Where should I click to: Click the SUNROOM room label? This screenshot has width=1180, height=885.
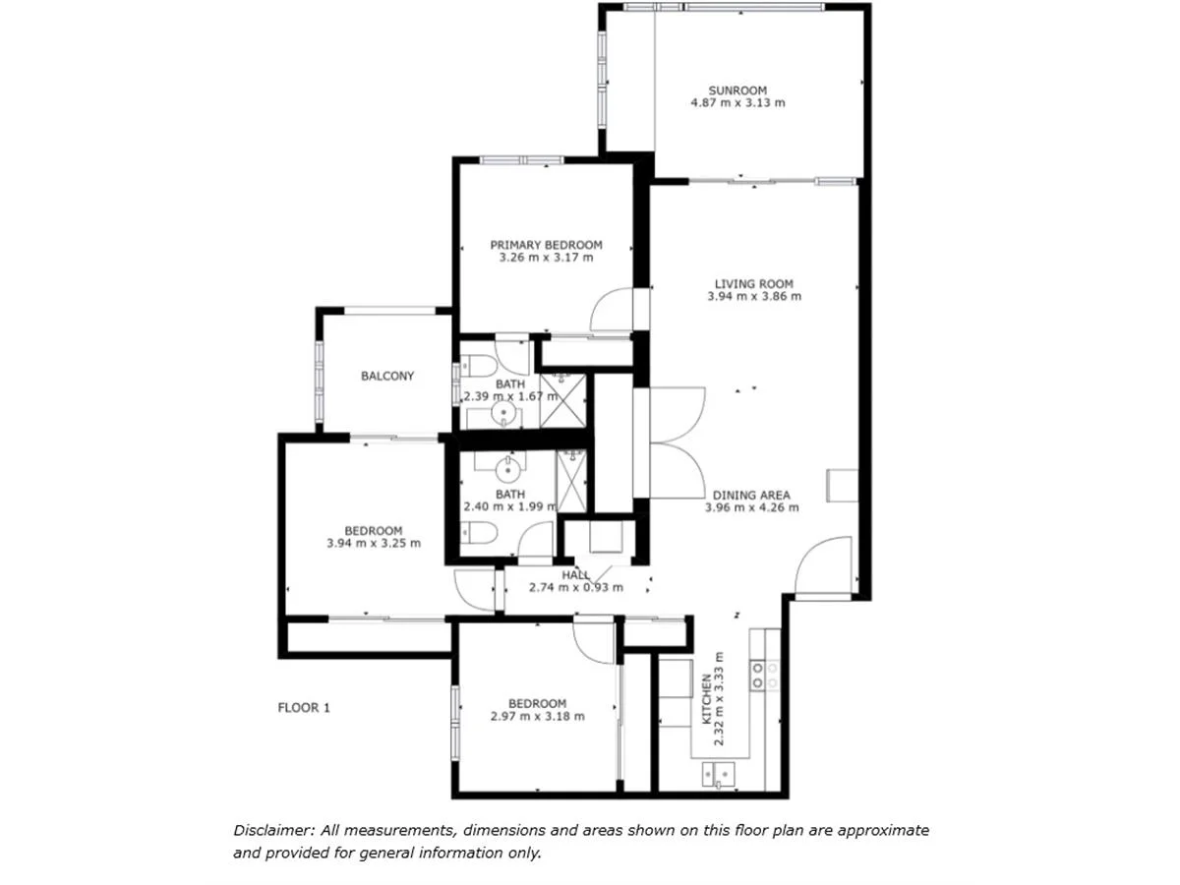tap(737, 90)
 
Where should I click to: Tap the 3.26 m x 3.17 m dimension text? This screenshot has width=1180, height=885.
tap(546, 258)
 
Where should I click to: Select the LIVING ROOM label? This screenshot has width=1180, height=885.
tap(753, 284)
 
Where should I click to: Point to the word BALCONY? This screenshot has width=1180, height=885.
tap(387, 376)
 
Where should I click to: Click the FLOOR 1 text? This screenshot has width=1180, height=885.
tap(304, 706)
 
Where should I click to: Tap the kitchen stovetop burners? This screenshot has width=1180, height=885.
tap(764, 675)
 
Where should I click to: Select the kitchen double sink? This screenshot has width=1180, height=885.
tap(717, 775)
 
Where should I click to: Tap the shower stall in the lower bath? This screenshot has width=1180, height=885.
tap(570, 480)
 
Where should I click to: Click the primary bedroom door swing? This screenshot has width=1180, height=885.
tap(614, 311)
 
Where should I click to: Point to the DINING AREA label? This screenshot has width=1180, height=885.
tap(751, 496)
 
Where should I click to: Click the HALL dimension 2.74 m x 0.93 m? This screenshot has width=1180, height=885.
tap(576, 587)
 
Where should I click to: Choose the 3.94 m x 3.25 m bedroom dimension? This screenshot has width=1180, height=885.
tap(374, 543)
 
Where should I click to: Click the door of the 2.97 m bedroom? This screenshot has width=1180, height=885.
tap(595, 641)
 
